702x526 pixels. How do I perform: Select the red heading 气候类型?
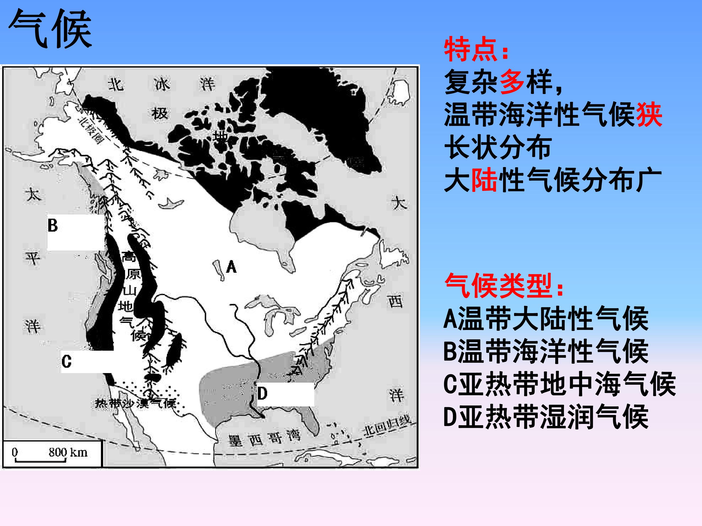[503, 285]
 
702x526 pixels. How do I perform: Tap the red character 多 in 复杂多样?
[512, 82]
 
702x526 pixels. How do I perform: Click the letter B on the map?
[53, 225]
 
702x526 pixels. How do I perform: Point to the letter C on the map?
[66, 361]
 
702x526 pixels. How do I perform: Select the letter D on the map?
[262, 394]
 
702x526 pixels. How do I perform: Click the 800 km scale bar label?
[68, 452]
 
